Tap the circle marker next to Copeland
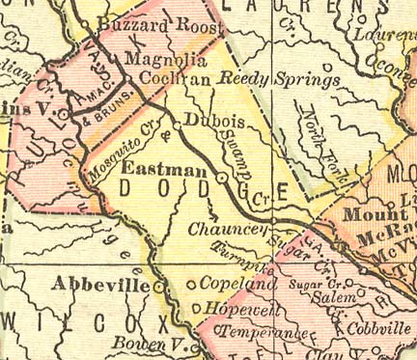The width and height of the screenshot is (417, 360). (x=190, y=286)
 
